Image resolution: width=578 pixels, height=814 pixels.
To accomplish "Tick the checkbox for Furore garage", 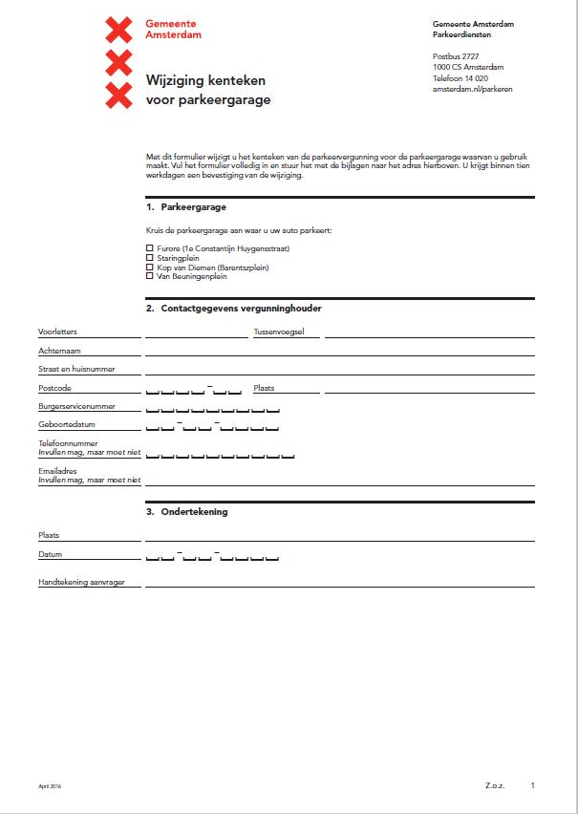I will [149, 248].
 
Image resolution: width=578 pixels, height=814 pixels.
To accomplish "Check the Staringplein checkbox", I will [149, 258].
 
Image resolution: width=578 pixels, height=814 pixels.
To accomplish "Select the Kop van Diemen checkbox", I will [149, 268].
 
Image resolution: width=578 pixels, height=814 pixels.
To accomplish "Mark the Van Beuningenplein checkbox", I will [149, 276].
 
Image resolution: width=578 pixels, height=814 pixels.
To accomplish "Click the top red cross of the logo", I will [118, 30].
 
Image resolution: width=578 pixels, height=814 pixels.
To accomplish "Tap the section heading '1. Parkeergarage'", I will [186, 206].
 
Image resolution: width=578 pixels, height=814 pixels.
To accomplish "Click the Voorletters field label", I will [57, 332].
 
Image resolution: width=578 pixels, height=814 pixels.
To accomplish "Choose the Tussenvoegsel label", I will [279, 332].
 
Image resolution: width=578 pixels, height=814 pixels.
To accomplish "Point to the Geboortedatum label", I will [67, 424].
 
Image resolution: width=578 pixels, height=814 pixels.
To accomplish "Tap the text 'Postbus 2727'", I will [455, 56].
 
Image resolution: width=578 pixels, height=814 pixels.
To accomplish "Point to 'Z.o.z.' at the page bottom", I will [496, 785].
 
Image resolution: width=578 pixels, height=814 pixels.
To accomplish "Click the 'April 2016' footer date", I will [50, 786].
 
